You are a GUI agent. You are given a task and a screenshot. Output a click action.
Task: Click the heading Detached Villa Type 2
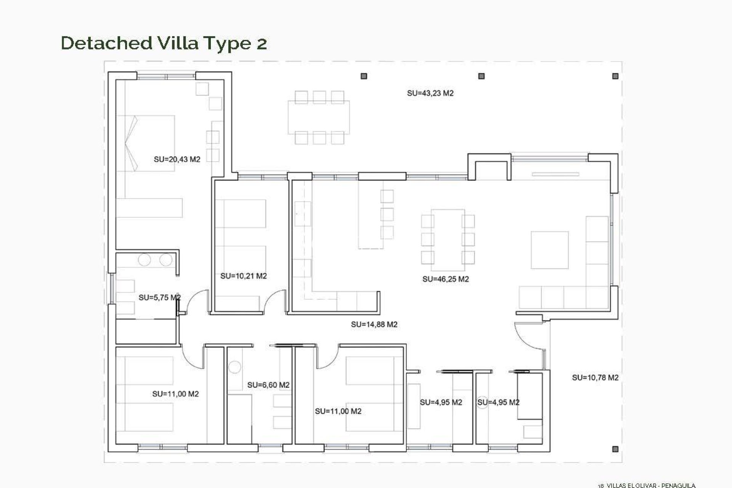click(164, 43)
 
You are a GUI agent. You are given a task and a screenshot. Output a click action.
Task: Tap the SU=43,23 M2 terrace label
click(430, 93)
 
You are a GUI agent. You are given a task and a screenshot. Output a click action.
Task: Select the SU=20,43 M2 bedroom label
click(177, 159)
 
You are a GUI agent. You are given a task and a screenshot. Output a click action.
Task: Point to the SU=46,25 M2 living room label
click(445, 279)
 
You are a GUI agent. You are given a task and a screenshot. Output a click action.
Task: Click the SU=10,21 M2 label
click(243, 276)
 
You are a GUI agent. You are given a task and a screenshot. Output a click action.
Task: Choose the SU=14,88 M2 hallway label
click(374, 325)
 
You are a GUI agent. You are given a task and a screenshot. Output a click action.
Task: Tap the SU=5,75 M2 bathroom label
click(159, 297)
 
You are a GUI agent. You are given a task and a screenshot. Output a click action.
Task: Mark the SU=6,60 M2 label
click(268, 385)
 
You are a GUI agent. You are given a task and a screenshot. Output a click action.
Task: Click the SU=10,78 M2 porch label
click(595, 378)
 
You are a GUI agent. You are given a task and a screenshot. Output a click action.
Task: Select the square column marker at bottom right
click(615, 449)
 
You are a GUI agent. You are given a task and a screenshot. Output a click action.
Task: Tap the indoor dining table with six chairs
click(448, 236)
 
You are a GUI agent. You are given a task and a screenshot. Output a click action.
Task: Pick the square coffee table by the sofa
click(549, 250)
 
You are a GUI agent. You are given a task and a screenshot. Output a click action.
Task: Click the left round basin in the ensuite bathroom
click(144, 260)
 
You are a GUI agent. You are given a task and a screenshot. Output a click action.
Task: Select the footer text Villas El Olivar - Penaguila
click(647, 485)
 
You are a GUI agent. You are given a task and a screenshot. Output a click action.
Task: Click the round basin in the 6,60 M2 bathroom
click(234, 368)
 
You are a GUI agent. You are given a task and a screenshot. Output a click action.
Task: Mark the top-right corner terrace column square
click(615, 76)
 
